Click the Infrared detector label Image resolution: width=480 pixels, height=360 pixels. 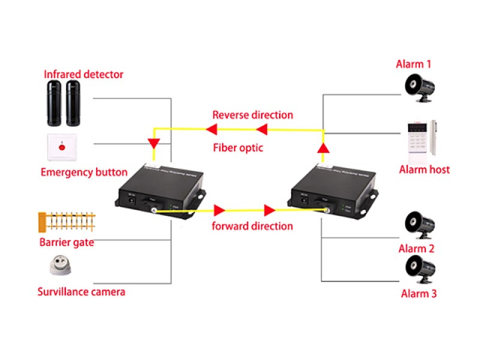[83, 74]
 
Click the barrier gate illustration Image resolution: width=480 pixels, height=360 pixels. [67, 222]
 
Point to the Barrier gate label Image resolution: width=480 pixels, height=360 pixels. [67, 242]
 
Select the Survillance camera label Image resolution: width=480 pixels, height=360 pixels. [81, 292]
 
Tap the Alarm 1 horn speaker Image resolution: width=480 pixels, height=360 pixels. [418, 87]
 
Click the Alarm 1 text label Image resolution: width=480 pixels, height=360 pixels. [413, 64]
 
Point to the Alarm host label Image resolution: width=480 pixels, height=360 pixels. [424, 169]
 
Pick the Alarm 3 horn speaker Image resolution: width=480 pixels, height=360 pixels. [419, 269]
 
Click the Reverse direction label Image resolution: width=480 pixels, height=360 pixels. [253, 115]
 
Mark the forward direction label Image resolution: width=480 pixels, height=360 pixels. [252, 226]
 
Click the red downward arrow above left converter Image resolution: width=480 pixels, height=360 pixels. [154, 143]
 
